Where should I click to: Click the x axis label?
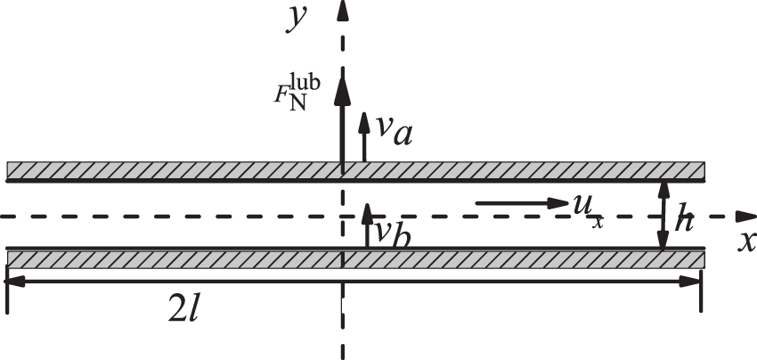747,241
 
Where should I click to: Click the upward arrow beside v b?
365,226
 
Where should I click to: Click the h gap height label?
684,217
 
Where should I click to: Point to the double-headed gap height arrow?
663,215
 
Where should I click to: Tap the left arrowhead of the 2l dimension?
13,282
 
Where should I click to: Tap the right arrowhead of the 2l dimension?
695,282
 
